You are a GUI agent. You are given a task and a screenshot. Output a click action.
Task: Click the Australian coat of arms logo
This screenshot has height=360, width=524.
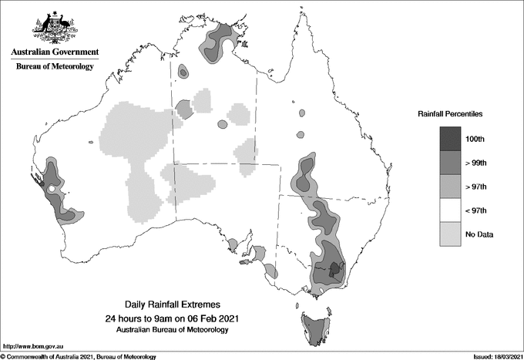(x=54, y=26)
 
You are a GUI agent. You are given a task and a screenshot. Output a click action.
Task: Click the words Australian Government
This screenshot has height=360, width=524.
(x=54, y=52)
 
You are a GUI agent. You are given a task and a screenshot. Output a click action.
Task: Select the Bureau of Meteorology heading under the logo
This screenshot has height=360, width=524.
(x=55, y=67)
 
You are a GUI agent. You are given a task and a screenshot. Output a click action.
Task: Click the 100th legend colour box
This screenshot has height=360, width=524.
(x=450, y=139)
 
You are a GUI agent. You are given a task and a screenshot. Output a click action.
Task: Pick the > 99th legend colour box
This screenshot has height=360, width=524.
(x=450, y=163)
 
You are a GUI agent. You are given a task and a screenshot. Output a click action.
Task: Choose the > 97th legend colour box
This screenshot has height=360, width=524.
(x=450, y=187)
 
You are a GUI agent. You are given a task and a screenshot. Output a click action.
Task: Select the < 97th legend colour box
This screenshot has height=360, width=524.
(x=450, y=210)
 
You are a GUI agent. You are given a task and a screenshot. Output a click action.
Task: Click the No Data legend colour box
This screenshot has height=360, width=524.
(x=450, y=234)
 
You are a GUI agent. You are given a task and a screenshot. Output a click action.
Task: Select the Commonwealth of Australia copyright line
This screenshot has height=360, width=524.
(x=79, y=356)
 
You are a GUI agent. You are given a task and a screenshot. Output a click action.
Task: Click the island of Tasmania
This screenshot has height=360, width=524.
(x=316, y=328)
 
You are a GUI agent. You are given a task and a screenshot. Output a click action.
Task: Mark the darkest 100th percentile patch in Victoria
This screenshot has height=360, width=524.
(x=334, y=269)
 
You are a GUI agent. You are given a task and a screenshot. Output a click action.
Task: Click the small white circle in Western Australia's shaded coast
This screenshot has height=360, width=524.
(x=51, y=189)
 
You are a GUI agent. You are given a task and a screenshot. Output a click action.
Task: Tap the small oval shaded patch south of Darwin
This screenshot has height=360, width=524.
(x=183, y=72)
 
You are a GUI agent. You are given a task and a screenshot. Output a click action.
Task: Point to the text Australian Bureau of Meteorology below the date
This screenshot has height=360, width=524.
(x=171, y=330)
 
